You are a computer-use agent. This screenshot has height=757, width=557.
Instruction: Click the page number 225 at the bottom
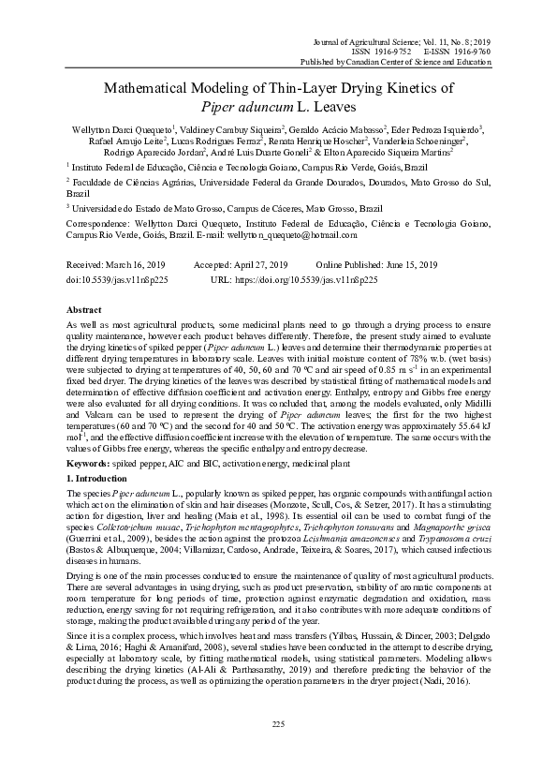pyautogui.click(x=278, y=724)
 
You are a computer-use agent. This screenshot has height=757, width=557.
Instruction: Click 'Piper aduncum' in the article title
pyautogui.click(x=240, y=108)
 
